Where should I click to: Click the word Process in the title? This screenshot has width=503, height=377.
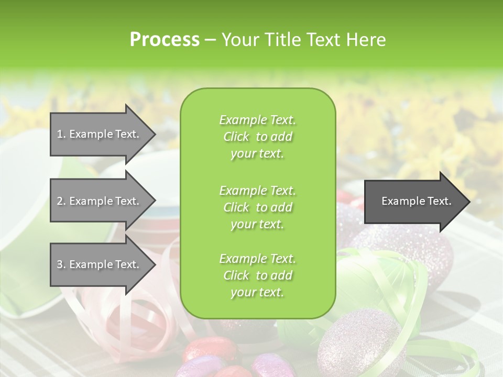165,40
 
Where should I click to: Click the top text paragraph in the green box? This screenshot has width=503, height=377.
257,137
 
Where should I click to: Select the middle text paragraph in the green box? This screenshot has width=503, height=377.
257,207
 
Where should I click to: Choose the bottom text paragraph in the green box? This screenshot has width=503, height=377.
257,275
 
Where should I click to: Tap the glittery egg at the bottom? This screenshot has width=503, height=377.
358,340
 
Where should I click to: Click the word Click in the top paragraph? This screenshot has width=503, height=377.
236,137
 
